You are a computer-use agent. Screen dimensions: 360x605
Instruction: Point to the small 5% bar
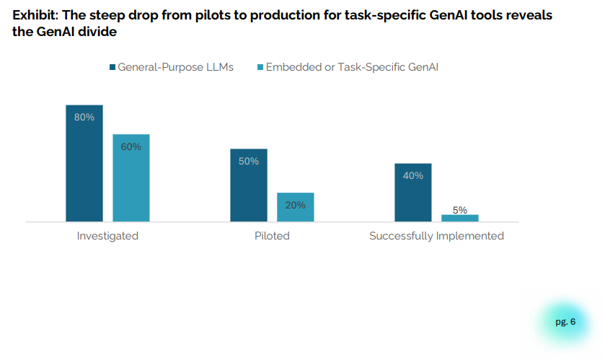click(x=459, y=218)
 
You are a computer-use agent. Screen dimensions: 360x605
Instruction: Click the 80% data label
click(x=84, y=117)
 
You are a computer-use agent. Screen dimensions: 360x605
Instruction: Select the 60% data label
click(x=131, y=146)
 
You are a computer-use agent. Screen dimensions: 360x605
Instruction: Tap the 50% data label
click(x=249, y=161)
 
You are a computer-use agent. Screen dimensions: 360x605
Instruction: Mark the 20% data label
click(x=295, y=205)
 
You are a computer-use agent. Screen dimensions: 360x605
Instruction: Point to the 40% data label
click(x=413, y=175)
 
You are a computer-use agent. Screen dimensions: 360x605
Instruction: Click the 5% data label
click(x=459, y=210)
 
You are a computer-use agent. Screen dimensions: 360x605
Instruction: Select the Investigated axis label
click(x=107, y=236)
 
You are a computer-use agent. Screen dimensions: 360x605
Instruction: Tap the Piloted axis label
click(x=272, y=236)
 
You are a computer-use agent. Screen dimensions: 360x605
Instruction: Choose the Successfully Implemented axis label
click(x=436, y=236)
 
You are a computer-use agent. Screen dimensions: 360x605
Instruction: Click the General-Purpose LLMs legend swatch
click(x=112, y=67)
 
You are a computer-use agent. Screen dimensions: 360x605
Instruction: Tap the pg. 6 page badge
click(x=565, y=322)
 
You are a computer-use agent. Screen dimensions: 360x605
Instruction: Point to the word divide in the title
click(x=97, y=32)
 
